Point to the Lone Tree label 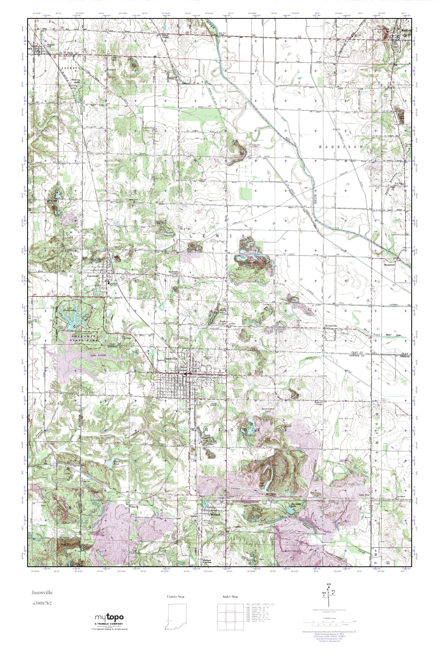[365, 495]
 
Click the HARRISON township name [342, 146]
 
